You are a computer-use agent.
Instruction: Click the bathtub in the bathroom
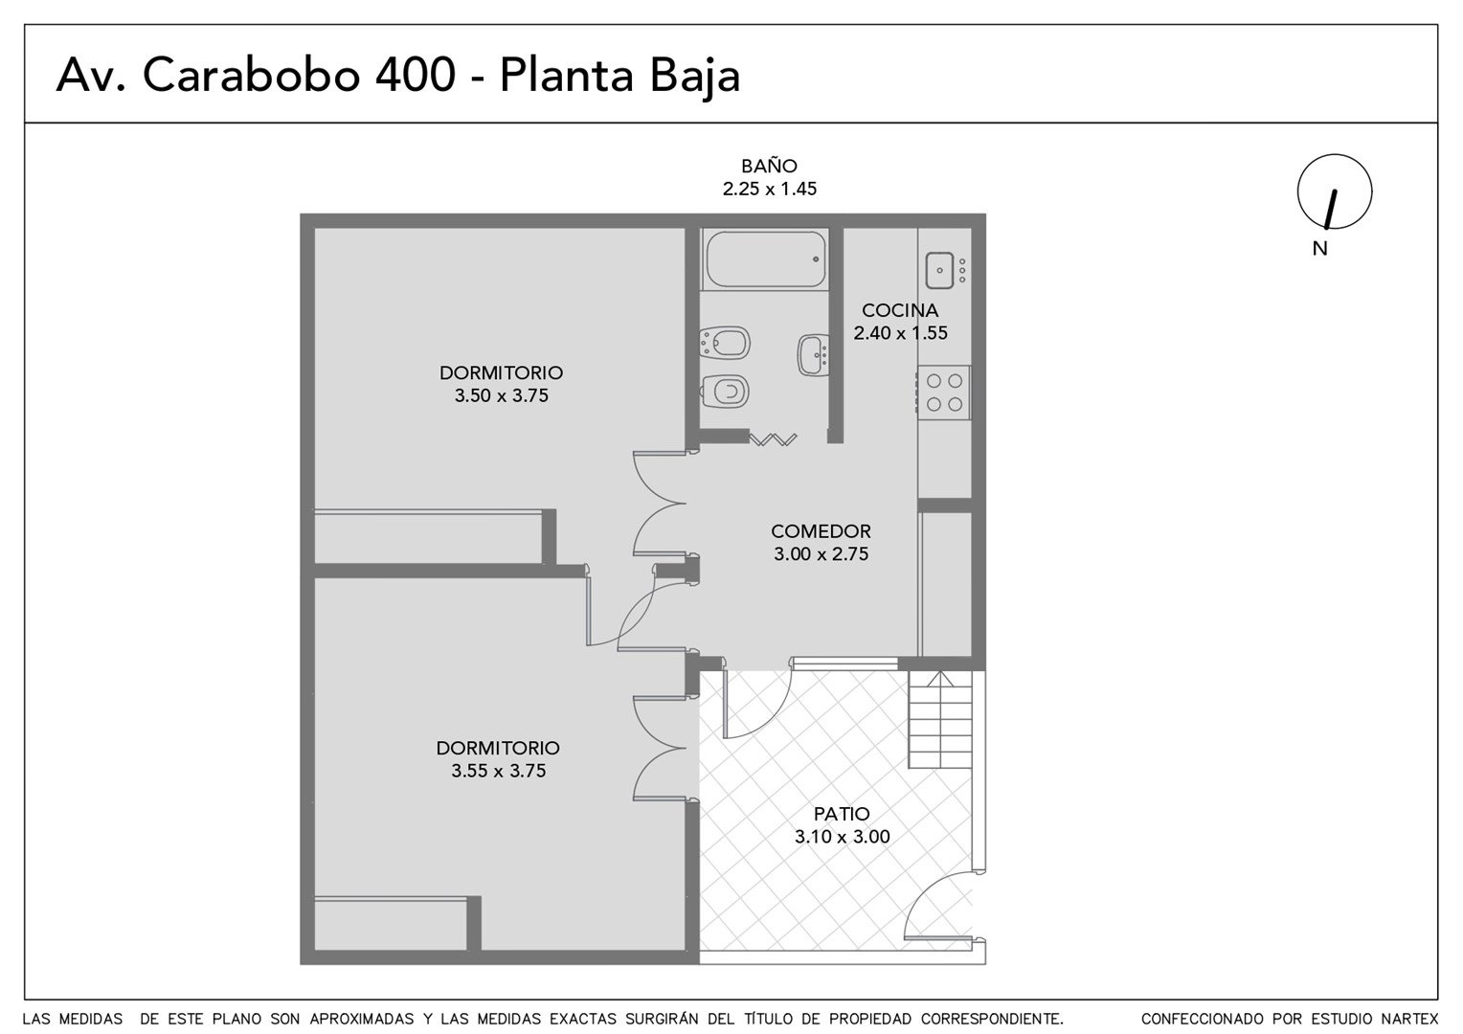[765, 258]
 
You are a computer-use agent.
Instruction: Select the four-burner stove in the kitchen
[944, 392]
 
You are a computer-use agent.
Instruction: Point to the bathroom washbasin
[814, 355]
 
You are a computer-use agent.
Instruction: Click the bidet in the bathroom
[725, 342]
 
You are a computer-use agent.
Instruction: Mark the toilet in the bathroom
[725, 392]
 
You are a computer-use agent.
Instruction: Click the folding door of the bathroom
[773, 438]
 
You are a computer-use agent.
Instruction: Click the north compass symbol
[1335, 191]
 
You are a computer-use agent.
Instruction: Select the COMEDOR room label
[821, 531]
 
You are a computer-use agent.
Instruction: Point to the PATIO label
[842, 814]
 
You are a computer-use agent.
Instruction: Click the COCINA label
[900, 310]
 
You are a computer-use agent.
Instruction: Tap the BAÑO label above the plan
[770, 166]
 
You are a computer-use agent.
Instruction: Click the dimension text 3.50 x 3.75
[502, 395]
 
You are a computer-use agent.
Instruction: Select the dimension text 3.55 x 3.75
[498, 771]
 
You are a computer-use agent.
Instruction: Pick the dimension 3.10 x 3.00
[843, 837]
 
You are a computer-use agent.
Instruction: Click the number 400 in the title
[416, 75]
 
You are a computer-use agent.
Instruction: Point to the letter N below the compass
[1320, 249]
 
